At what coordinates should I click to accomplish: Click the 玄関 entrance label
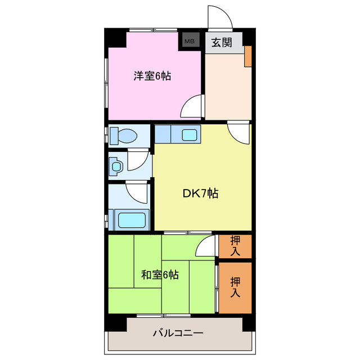pyautogui.click(x=220, y=42)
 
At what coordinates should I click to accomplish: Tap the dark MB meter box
pyautogui.click(x=190, y=41)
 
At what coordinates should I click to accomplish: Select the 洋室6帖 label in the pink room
pyautogui.click(x=152, y=76)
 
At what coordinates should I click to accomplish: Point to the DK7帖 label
pyautogui.click(x=200, y=193)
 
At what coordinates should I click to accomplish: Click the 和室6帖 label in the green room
pyautogui.click(x=160, y=275)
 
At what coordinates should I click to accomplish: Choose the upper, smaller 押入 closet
pyautogui.click(x=235, y=246)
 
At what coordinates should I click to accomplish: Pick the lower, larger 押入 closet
pyautogui.click(x=235, y=287)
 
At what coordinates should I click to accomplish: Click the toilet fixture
pyautogui.click(x=124, y=136)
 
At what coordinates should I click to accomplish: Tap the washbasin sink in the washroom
pyautogui.click(x=116, y=166)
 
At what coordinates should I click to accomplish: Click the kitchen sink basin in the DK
pyautogui.click(x=188, y=135)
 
